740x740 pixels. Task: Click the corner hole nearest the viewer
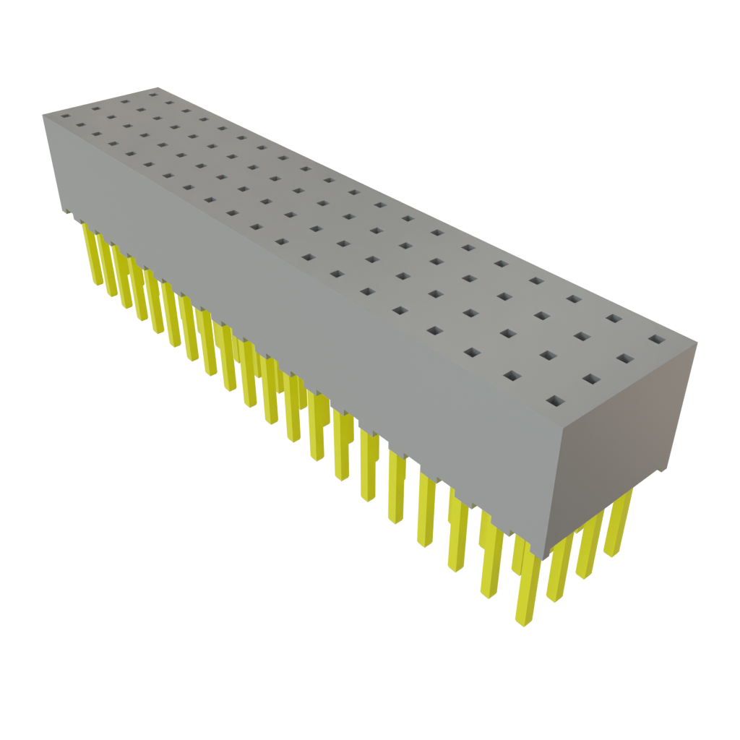pyautogui.click(x=555, y=400)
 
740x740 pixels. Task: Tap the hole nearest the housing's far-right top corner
pyautogui.click(x=656, y=338)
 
